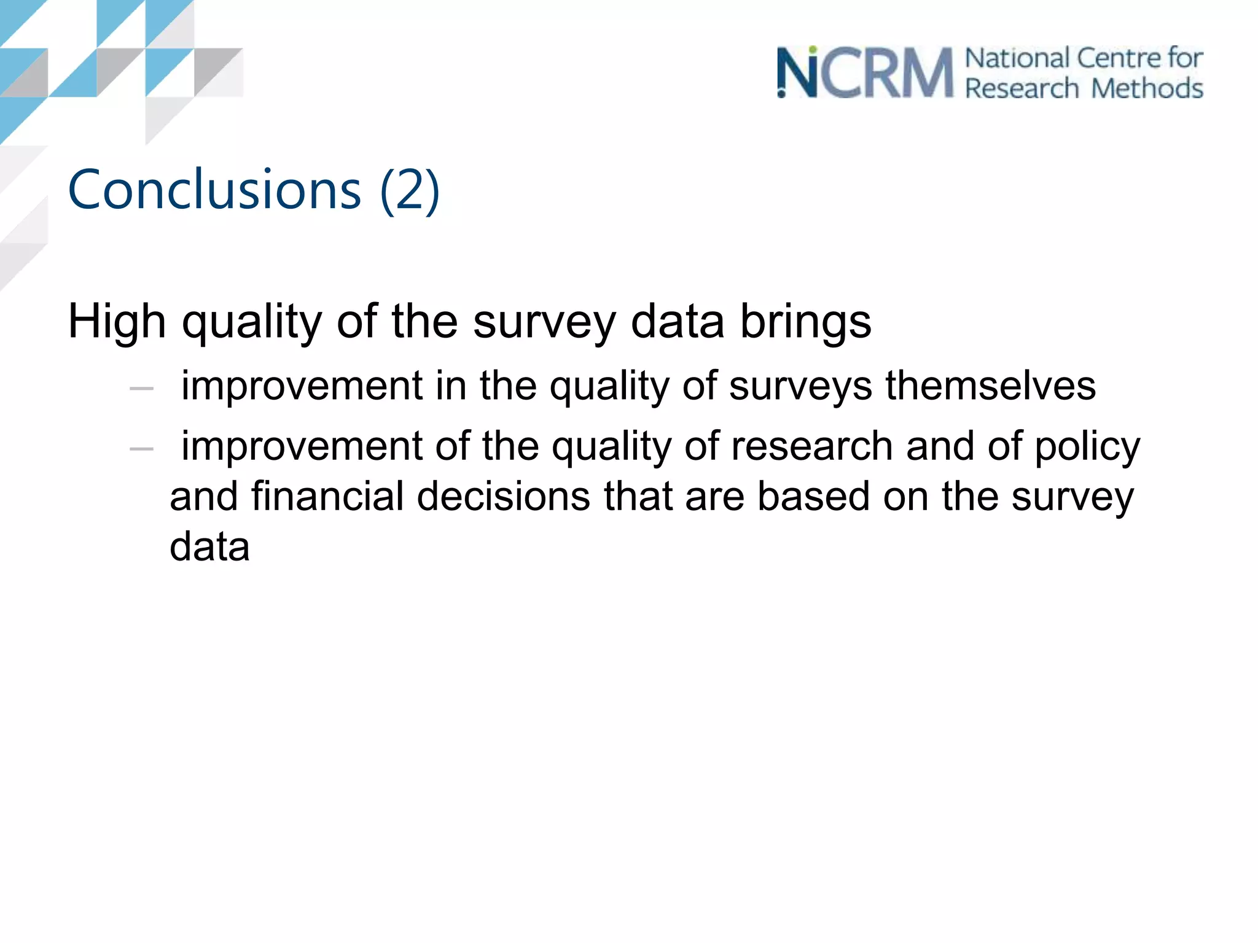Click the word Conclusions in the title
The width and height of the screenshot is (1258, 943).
214,190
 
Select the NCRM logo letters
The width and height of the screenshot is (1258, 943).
865,73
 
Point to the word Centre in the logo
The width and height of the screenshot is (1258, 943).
1119,58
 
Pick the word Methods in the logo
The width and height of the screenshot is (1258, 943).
1147,88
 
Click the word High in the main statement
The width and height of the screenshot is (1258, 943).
117,321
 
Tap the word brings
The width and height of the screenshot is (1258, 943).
805,322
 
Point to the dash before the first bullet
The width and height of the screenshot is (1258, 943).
141,389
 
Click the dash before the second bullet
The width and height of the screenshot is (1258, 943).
141,449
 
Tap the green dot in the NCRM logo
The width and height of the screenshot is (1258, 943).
813,49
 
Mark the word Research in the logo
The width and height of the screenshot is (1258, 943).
1022,88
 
